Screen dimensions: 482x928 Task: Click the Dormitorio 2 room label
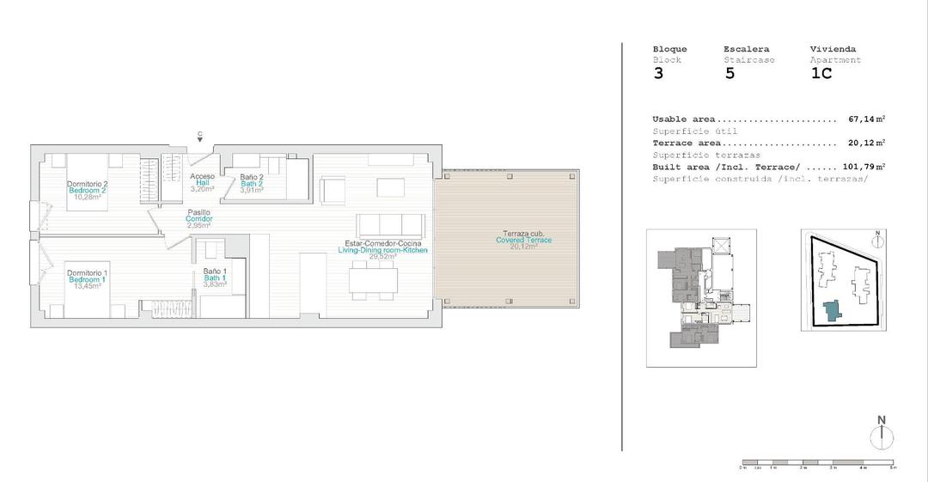(x=87, y=184)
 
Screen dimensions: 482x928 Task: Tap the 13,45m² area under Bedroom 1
(x=87, y=287)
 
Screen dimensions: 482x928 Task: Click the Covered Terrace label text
(x=523, y=240)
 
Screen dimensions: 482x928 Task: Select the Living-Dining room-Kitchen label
(x=382, y=250)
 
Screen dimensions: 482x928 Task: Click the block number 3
(x=658, y=74)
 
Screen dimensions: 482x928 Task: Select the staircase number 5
(x=730, y=74)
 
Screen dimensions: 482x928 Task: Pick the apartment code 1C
(x=821, y=74)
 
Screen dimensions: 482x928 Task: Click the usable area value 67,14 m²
(x=866, y=119)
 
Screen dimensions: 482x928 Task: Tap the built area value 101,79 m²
(x=864, y=167)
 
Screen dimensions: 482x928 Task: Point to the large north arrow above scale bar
(x=881, y=434)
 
